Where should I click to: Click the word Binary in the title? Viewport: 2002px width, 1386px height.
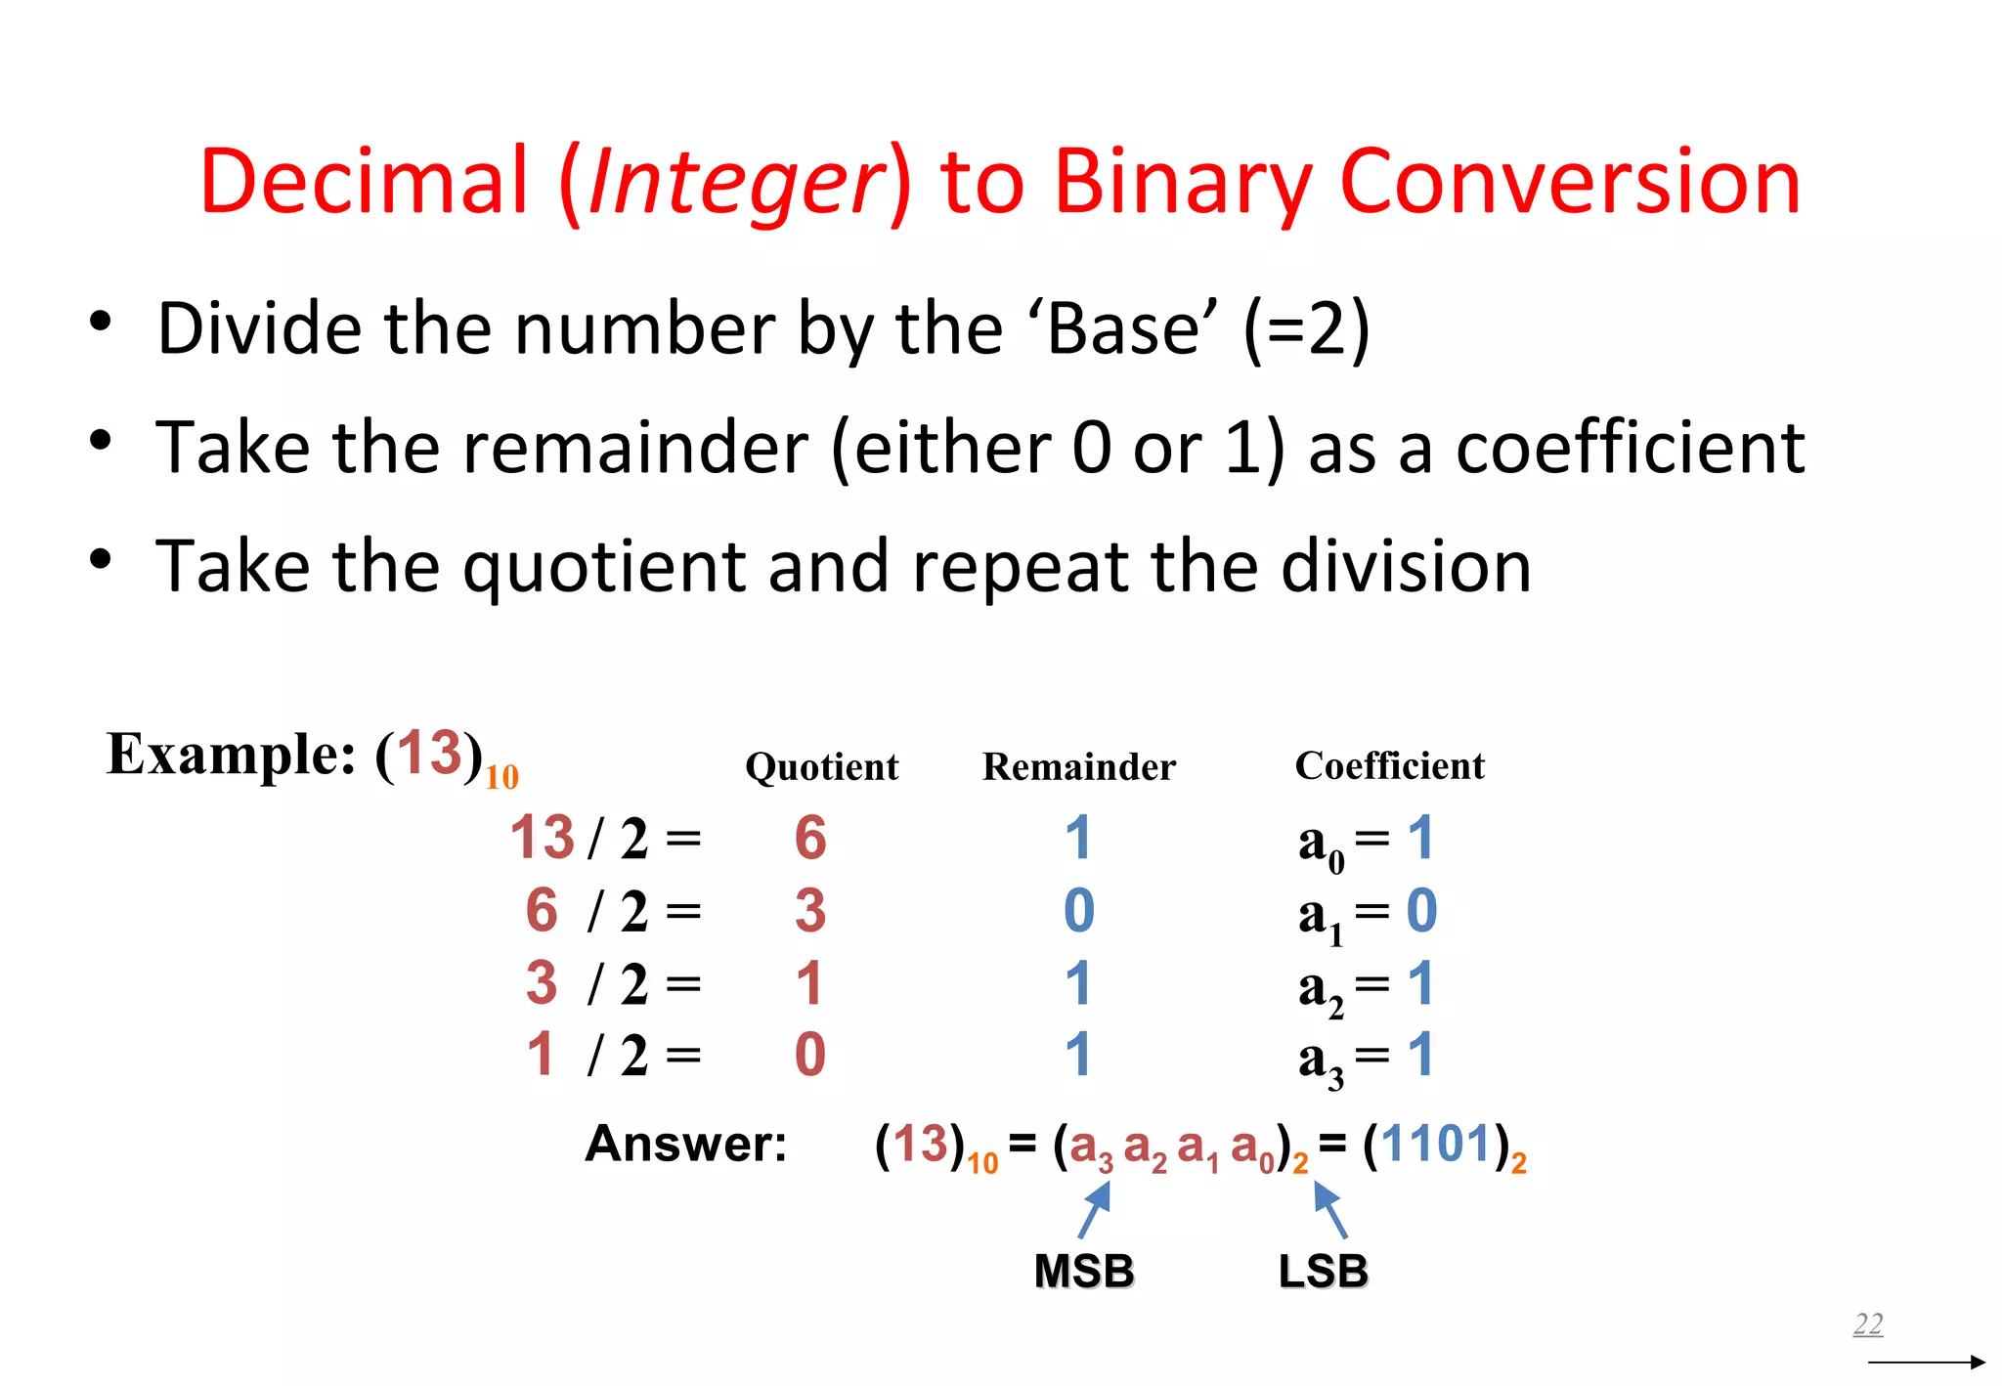[1182, 183]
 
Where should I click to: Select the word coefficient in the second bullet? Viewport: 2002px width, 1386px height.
[1630, 448]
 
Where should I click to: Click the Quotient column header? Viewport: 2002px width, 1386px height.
[821, 767]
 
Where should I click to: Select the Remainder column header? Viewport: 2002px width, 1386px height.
[1078, 767]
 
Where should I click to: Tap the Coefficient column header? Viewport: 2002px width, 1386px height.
[1389, 766]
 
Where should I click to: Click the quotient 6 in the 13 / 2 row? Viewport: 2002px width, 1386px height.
[810, 839]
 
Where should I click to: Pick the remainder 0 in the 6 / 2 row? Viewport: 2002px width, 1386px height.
[1078, 911]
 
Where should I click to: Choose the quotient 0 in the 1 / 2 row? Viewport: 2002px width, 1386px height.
[810, 1056]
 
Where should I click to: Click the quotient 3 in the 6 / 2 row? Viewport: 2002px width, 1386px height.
[810, 911]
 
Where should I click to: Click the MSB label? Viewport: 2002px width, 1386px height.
[1084, 1272]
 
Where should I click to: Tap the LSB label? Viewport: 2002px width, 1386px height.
[1323, 1272]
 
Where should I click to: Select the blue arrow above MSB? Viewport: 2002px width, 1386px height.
[1095, 1209]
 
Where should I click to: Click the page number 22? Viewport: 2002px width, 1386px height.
[1867, 1324]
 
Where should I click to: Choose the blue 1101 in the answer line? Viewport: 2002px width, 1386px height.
[1436, 1144]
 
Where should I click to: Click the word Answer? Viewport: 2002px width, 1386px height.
[686, 1144]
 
